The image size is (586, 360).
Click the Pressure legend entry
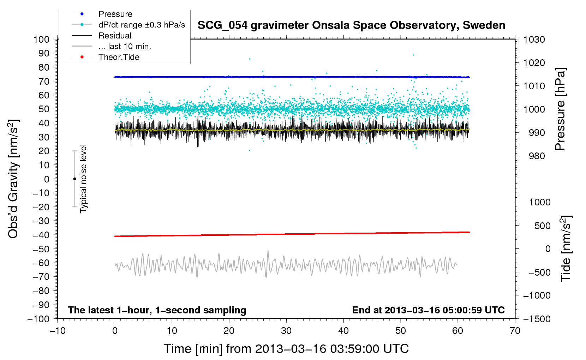click(x=115, y=14)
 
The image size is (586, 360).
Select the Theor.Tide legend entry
click(x=119, y=57)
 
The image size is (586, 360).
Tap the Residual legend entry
click(x=115, y=36)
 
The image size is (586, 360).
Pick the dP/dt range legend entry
click(x=141, y=25)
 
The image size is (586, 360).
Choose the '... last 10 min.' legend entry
click(x=125, y=46)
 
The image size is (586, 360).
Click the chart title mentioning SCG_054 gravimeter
click(x=351, y=25)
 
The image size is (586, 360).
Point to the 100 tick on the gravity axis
click(x=41, y=39)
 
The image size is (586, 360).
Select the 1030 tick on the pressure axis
click(x=534, y=40)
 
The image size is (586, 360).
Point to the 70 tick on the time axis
click(x=515, y=331)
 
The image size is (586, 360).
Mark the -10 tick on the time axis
click(x=58, y=331)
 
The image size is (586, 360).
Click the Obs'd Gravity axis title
click(x=13, y=179)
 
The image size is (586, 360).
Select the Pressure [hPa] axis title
click(x=560, y=109)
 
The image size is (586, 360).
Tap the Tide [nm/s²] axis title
click(x=566, y=248)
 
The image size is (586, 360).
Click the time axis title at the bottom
click(x=286, y=349)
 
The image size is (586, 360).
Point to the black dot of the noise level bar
click(x=74, y=179)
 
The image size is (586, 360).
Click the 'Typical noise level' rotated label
click(x=83, y=179)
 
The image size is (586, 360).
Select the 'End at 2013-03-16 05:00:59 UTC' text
click(x=428, y=310)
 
